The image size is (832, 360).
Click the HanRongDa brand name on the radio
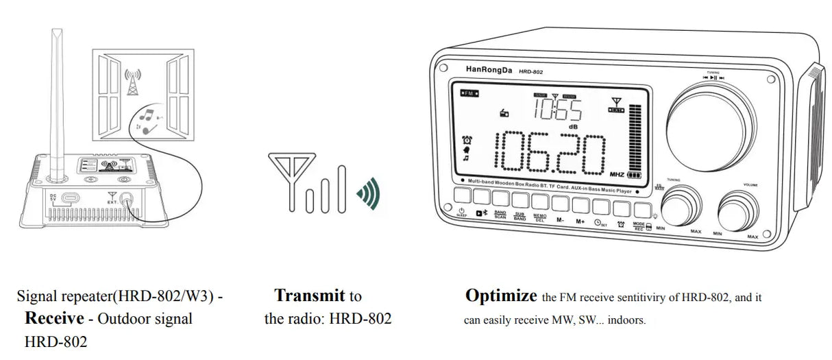click(488, 69)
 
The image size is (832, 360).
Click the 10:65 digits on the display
click(558, 110)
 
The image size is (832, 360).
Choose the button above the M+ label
click(580, 204)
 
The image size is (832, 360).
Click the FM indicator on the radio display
click(470, 93)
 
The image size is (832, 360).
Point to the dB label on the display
click(574, 127)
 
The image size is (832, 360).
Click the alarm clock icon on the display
click(467, 139)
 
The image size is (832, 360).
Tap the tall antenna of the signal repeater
click(58, 103)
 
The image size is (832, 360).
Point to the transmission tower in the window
click(132, 81)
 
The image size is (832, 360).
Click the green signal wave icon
click(368, 194)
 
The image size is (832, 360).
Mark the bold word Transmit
click(310, 296)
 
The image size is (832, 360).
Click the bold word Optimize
click(501, 296)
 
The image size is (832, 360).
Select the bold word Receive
click(54, 318)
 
